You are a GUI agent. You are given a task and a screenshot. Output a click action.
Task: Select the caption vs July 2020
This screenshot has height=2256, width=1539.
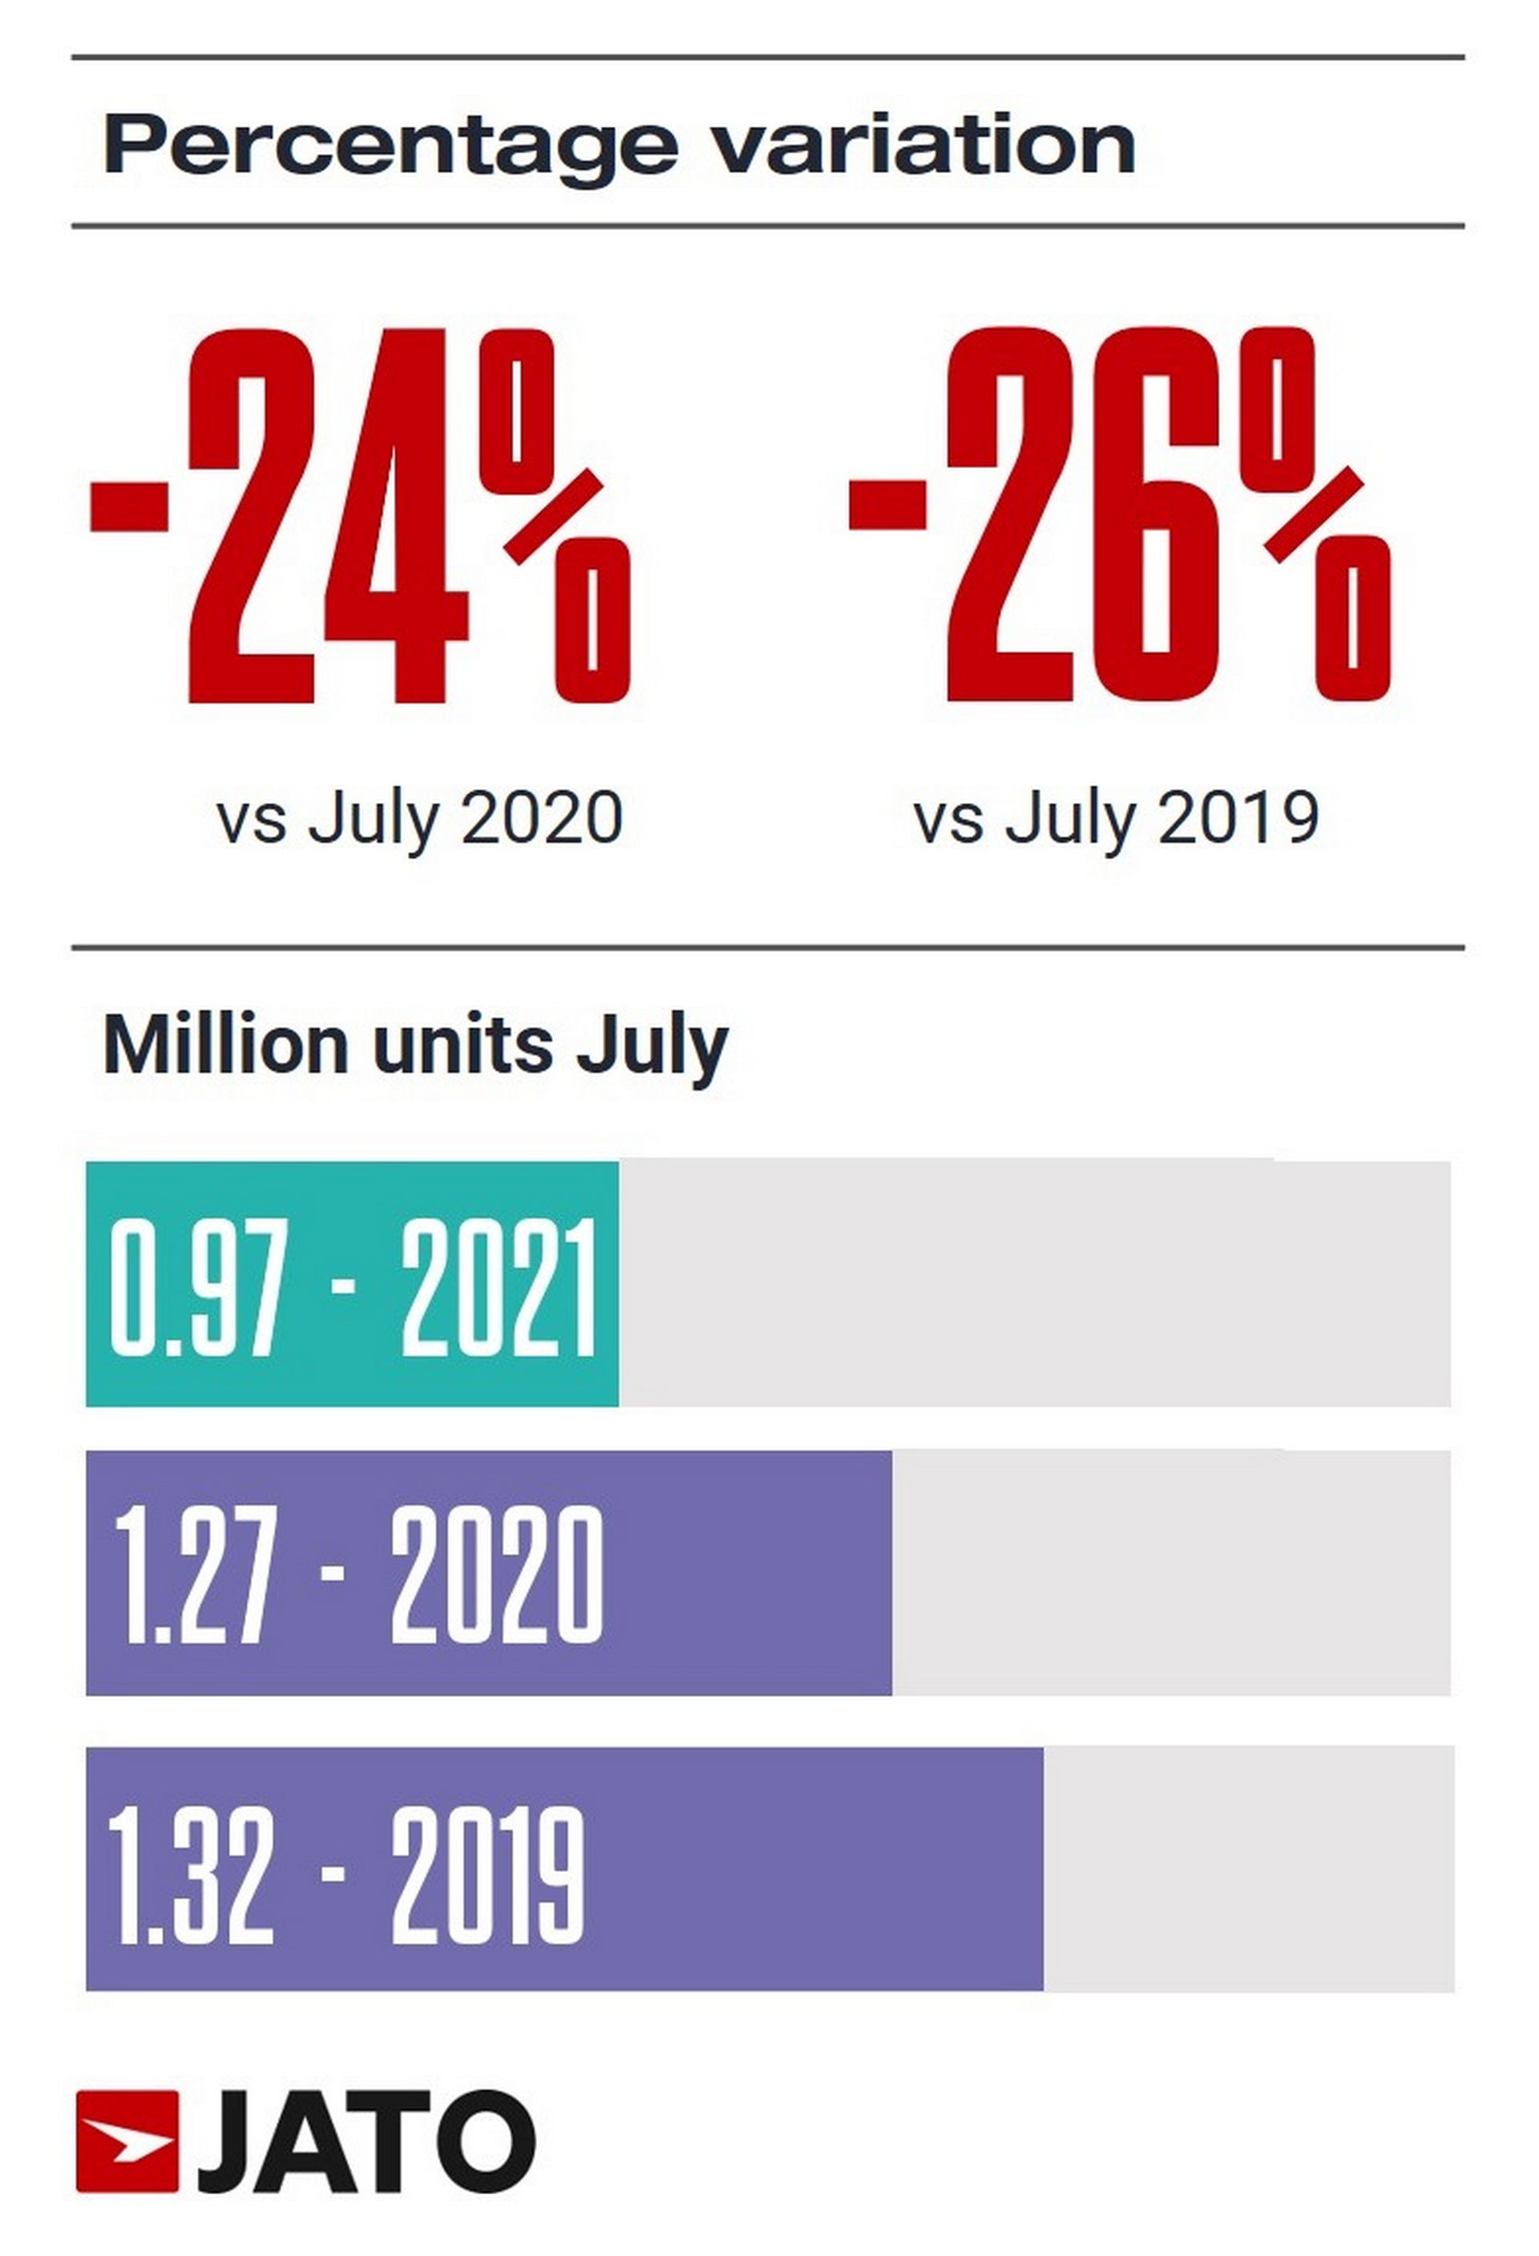(419, 818)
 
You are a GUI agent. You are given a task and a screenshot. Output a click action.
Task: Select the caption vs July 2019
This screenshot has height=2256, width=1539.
(1116, 818)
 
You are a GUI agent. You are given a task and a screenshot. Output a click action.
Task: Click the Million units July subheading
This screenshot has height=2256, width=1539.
(414, 1047)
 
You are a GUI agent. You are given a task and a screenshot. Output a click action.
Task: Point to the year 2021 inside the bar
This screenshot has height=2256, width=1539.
(498, 1288)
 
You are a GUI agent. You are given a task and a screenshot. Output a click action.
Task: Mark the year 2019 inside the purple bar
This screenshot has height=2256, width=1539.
(488, 1875)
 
